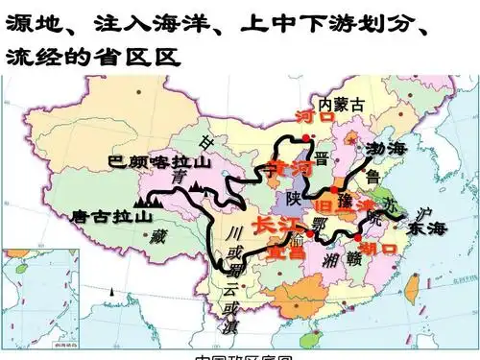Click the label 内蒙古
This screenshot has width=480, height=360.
[x=342, y=102]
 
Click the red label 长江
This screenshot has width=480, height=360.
[x=274, y=226]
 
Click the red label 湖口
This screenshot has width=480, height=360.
[x=382, y=249]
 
